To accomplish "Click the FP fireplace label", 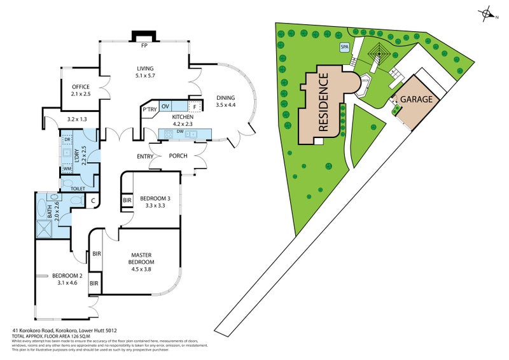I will pos(144,46).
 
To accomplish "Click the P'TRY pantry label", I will pos(150,110).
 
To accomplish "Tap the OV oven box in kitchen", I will pos(165,106).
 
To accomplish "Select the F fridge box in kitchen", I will pos(195,107).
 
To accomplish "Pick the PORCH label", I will pos(178,156).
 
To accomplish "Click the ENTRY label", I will pos(146,156).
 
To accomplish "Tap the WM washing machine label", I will pos(67,169).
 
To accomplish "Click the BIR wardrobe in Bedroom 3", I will pos(127,202).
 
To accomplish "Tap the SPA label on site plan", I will pos(344,48).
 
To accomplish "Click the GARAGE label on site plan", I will pos(416,100).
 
